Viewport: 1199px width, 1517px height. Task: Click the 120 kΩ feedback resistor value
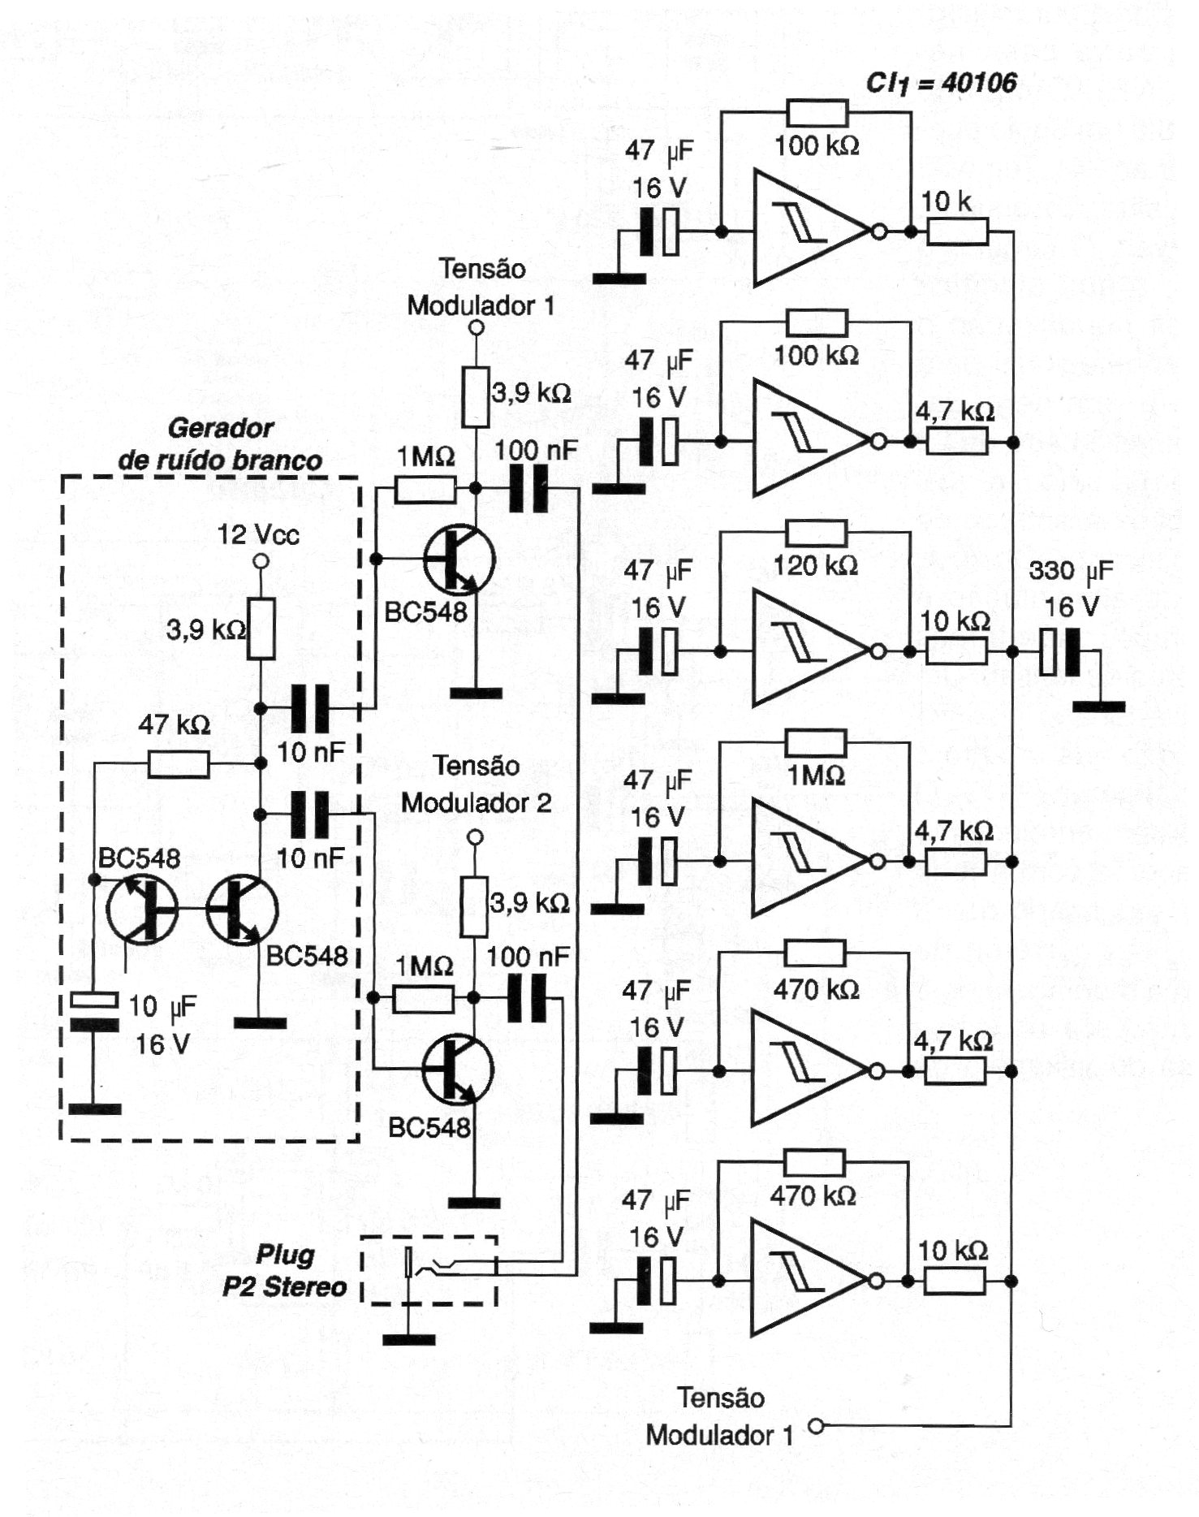(815, 565)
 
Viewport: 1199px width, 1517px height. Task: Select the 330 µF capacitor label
(1071, 571)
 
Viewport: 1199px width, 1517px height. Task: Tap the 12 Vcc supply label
(258, 534)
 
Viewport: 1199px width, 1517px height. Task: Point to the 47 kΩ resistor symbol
(179, 764)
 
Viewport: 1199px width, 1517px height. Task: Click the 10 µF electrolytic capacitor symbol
(95, 1012)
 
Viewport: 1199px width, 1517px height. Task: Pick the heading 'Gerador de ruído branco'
(220, 444)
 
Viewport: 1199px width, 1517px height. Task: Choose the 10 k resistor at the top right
(958, 232)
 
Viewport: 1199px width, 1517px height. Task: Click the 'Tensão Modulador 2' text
(477, 784)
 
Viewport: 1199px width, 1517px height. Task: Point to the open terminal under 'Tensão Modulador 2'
(476, 837)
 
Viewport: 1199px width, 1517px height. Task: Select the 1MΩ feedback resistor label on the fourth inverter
(816, 776)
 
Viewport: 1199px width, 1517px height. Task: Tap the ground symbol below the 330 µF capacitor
(1098, 707)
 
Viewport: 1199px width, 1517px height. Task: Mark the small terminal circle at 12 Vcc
(261, 561)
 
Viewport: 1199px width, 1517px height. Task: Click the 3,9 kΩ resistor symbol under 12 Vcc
(261, 629)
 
